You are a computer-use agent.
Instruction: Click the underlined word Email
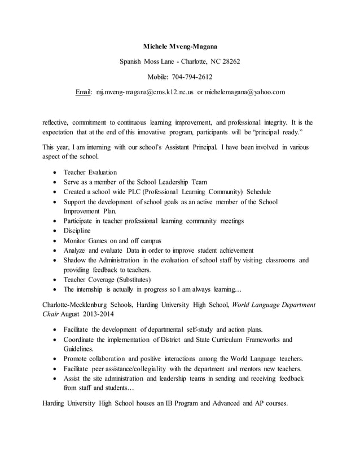coord(84,91)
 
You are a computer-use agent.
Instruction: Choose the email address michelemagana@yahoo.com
coord(245,91)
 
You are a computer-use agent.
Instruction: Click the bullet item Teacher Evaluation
coord(90,172)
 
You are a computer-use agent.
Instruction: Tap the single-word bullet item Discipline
coord(77,231)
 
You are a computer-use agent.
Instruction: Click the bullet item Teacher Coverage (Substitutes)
coord(107,279)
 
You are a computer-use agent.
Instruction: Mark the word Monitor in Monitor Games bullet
coord(76,240)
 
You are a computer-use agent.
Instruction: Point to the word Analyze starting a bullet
coord(75,250)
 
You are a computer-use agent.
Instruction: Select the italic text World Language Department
coord(272,305)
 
